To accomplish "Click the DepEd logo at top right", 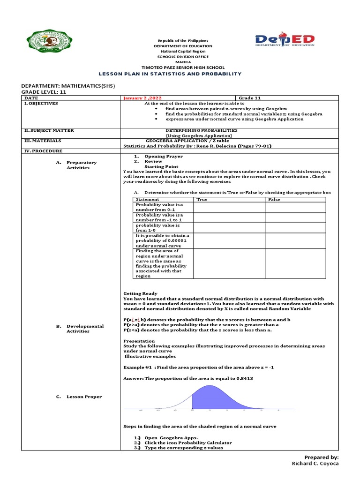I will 285,41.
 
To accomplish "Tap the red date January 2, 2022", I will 139,98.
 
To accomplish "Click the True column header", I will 202,199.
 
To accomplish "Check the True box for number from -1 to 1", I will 229,217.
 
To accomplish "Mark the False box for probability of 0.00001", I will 294,240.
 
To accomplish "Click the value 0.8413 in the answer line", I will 243,378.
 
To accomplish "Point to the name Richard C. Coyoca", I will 315,463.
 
